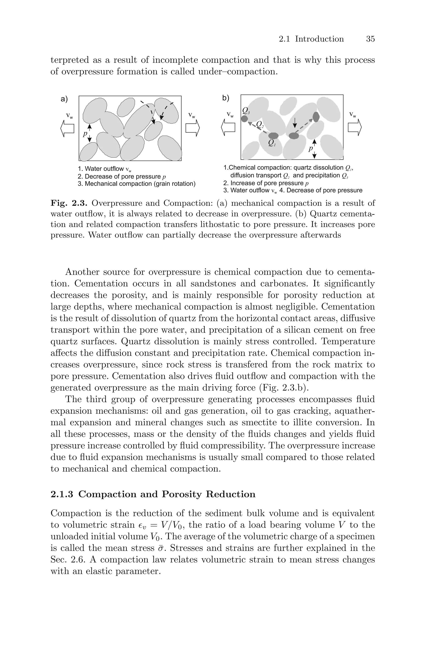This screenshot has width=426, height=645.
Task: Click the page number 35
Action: (370, 39)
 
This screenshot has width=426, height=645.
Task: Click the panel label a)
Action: (64, 99)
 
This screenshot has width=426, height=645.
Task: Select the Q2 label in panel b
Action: (260, 125)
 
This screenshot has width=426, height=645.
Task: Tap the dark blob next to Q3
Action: (245, 119)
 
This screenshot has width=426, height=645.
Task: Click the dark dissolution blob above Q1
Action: (273, 135)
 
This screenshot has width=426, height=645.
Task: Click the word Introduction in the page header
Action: (319, 39)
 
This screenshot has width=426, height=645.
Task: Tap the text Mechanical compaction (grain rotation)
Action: (140, 184)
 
